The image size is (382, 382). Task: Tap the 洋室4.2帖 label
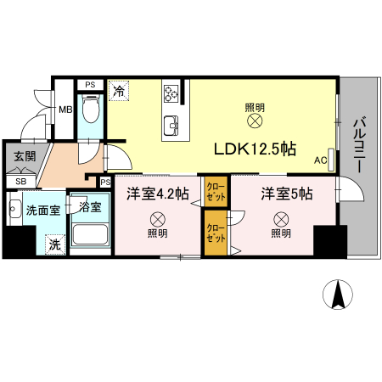coord(158,194)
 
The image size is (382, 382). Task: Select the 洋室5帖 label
coord(286,194)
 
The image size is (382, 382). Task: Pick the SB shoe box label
coord(21,181)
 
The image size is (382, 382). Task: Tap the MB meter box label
coord(65,109)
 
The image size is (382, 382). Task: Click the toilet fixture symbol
coord(92,108)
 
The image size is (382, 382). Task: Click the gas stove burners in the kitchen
coord(173,93)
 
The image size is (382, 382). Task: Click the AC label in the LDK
coord(321,159)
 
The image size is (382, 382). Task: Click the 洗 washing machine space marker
coord(54,244)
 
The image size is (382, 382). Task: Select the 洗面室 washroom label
coord(42,211)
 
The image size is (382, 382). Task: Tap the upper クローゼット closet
coord(215,190)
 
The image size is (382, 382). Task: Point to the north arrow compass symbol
coord(339,295)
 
